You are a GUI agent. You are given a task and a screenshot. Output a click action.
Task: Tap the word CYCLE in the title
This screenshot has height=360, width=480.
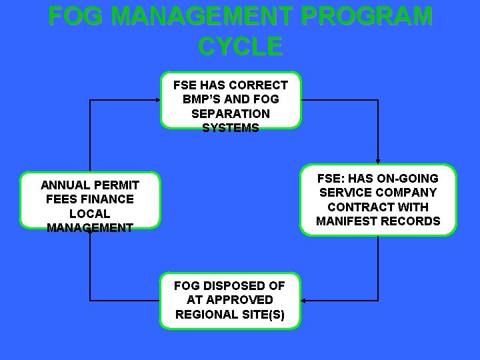(240, 46)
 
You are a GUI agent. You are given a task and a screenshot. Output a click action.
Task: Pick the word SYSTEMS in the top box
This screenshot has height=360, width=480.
(230, 127)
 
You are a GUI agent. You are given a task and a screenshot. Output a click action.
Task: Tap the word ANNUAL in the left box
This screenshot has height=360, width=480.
(66, 185)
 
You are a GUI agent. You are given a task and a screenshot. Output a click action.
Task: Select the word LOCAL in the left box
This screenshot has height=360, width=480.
(90, 213)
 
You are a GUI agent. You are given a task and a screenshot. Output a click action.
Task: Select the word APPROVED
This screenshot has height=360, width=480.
(239, 300)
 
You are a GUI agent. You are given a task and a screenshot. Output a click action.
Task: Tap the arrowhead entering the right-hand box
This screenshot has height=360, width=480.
(378, 161)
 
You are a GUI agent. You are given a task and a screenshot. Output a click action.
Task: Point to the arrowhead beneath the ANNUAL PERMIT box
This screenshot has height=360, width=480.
(90, 233)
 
